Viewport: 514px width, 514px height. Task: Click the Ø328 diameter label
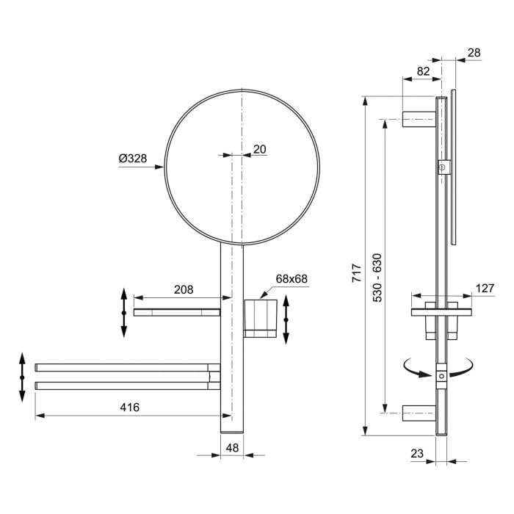[x=132, y=159]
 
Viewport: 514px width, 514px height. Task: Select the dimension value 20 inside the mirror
[x=259, y=149]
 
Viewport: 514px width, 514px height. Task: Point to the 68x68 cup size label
[x=291, y=279]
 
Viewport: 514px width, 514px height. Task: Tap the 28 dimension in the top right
[x=473, y=52]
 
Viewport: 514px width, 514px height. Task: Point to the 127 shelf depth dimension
[x=484, y=289]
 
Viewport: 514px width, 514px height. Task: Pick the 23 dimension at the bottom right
[x=418, y=454]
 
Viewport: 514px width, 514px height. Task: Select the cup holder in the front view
[x=261, y=316]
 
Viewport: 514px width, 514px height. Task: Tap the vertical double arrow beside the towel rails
[x=23, y=377]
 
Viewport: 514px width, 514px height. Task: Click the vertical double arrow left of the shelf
[x=123, y=313]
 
